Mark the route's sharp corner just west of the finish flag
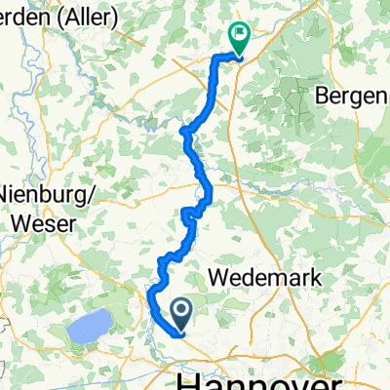(215, 58)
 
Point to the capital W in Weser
(19, 222)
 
